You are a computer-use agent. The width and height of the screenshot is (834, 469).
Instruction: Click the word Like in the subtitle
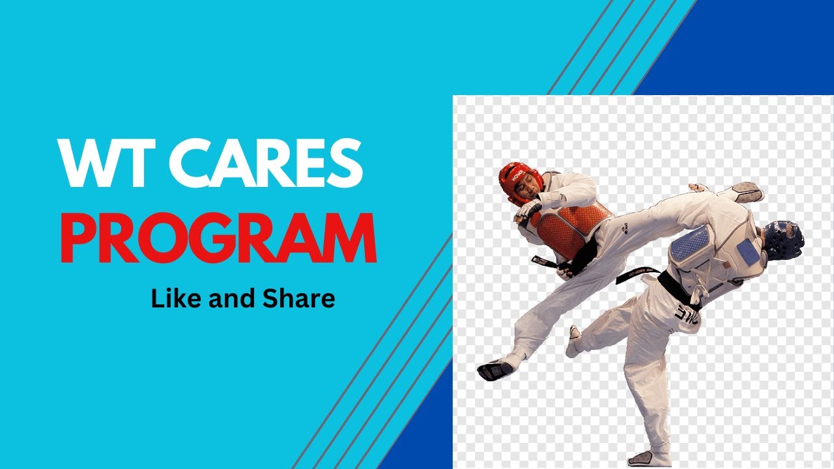coord(173,298)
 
